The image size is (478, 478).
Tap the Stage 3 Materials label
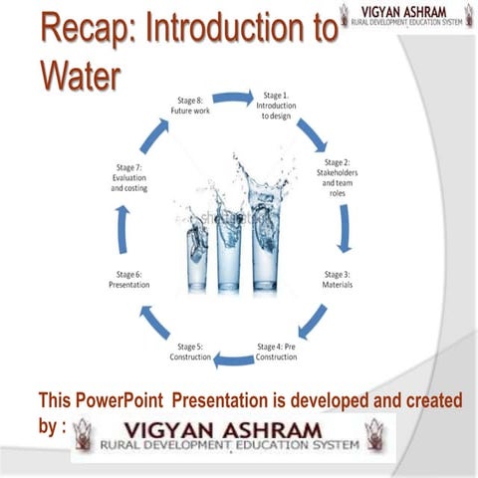[338, 280]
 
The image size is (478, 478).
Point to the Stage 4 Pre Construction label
[277, 352]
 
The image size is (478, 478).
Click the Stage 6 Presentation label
[128, 280]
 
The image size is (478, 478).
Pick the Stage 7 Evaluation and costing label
[129, 176]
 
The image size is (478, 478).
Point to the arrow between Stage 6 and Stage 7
[121, 229]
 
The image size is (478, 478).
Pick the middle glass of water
[230, 249]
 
